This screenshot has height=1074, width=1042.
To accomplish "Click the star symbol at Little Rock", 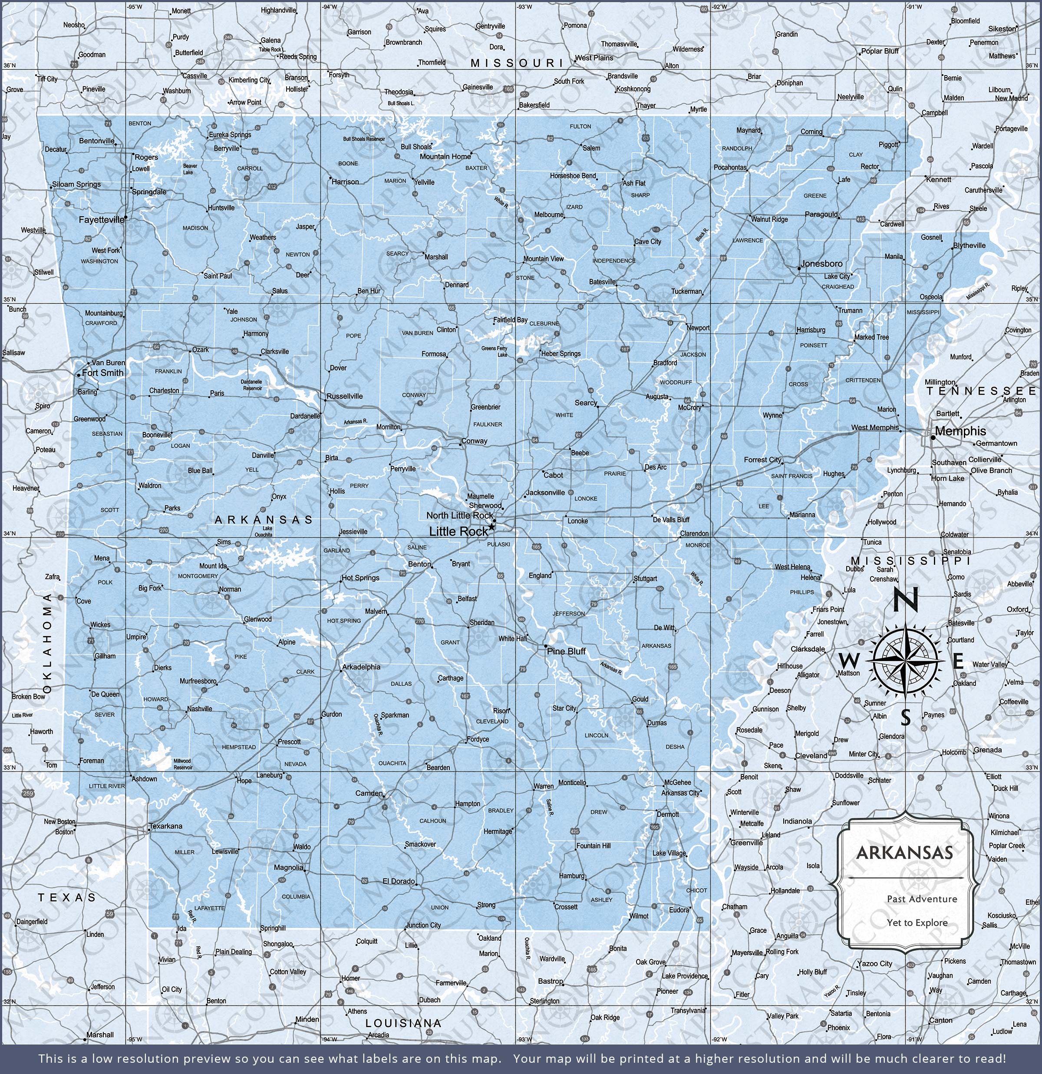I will click(x=491, y=527).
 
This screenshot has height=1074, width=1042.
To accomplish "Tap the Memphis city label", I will click(x=960, y=431).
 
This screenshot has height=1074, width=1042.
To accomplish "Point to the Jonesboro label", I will click(x=821, y=264).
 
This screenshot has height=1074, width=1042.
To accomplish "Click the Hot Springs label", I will click(x=360, y=577).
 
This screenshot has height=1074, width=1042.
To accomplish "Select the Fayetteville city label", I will click(x=102, y=220).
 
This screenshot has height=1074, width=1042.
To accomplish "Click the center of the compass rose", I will click(x=906, y=662).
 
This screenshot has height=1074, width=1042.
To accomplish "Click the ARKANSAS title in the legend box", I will click(x=904, y=853).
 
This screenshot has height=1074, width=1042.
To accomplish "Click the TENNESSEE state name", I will click(x=981, y=391).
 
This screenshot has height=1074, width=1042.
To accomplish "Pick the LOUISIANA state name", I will click(x=403, y=1023).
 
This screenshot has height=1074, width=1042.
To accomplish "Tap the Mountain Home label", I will click(x=445, y=157).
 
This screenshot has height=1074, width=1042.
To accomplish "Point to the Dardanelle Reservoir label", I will click(x=252, y=385).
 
